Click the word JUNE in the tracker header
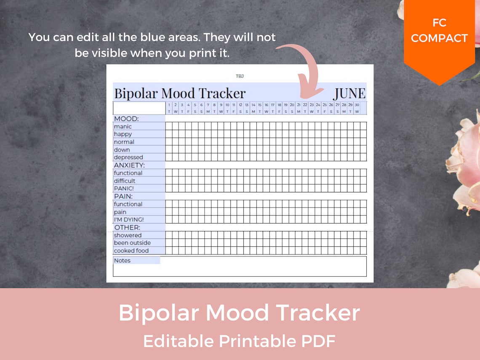(x=349, y=93)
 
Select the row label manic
(x=123, y=126)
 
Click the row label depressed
(x=128, y=157)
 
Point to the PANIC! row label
(x=124, y=189)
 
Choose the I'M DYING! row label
(x=128, y=220)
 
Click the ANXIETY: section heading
(x=129, y=165)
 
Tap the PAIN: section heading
(x=123, y=196)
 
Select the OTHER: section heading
(x=127, y=228)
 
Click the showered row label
(x=128, y=235)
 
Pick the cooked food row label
(x=131, y=251)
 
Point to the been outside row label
(x=132, y=243)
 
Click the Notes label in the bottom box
(x=122, y=261)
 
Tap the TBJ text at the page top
(x=240, y=76)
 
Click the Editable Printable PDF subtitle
(x=239, y=341)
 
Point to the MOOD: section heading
(x=126, y=119)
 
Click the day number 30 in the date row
(x=357, y=105)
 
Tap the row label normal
(x=124, y=142)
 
